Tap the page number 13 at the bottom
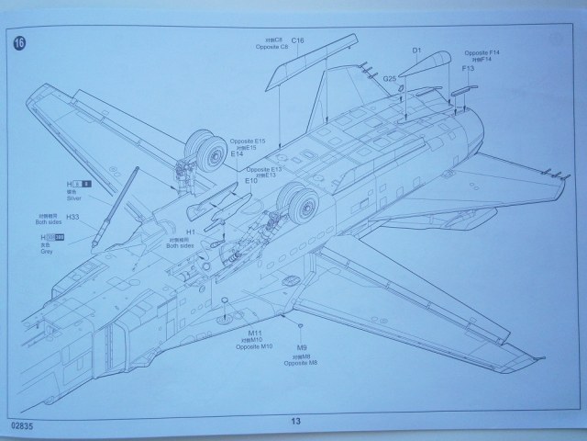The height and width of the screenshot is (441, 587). click(x=295, y=421)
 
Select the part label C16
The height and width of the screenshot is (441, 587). click(x=297, y=41)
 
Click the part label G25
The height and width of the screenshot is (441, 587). click(x=390, y=78)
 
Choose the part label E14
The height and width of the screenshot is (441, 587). click(x=237, y=154)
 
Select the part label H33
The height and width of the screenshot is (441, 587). click(x=73, y=217)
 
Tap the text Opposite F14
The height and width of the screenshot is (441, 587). click(x=480, y=52)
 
